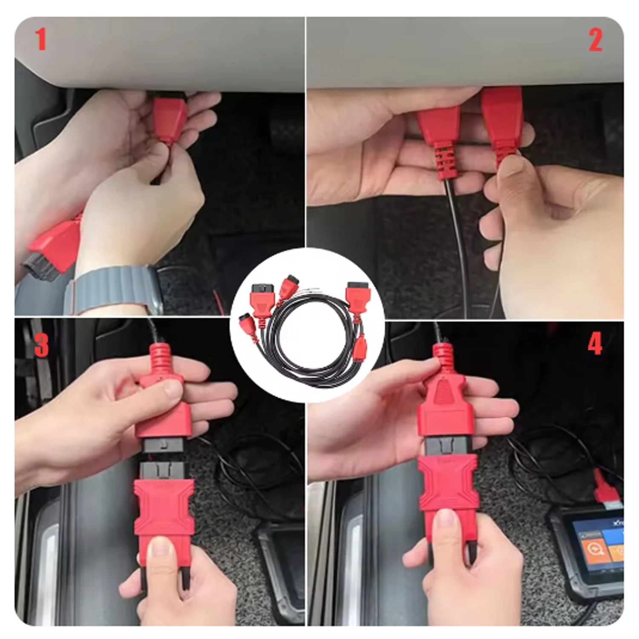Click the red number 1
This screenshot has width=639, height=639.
[40, 40]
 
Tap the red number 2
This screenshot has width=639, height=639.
[596, 41]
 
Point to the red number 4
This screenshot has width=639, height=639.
[595, 343]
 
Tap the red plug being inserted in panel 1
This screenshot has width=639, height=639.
[170, 117]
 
